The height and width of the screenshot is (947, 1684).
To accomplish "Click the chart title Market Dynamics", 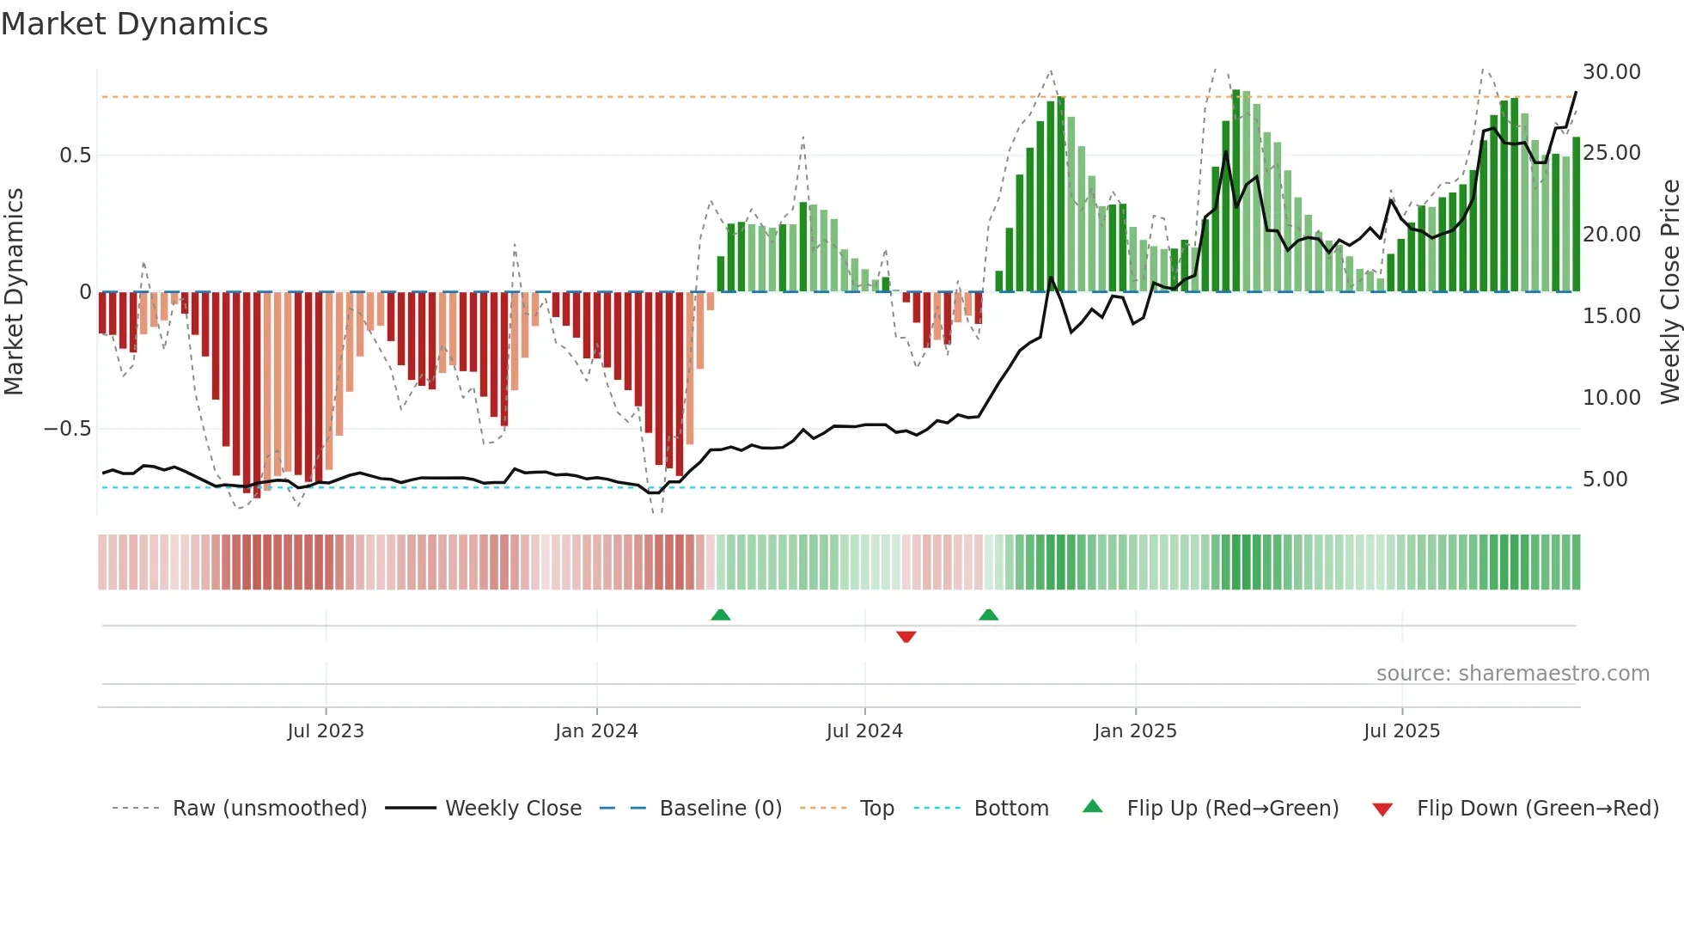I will coord(134,24).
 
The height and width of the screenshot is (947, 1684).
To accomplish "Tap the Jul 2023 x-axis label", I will coord(326,730).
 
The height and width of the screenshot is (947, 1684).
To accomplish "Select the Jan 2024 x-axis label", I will coord(596,730).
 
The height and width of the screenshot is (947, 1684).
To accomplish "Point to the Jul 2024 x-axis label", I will coord(864,730).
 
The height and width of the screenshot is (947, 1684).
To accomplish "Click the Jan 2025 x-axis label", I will coord(1135,730).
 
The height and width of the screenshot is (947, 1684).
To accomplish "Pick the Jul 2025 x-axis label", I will coord(1401,730).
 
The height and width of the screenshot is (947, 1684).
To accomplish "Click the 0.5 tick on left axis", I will coord(75,156).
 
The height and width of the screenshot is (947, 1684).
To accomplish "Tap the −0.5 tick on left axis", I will coord(68,429).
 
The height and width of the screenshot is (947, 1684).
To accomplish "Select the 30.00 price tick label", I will coord(1611,72).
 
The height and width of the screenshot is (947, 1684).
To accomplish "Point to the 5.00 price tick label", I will coord(1604,480).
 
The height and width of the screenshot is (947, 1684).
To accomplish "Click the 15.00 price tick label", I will coord(1611,316).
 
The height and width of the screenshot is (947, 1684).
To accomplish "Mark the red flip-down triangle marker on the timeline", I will coord(906,637).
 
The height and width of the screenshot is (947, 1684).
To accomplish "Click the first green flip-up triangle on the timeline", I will coord(721,614).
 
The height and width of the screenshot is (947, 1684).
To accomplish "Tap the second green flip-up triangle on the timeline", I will coord(988,614).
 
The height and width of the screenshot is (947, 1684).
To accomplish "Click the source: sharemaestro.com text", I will coord(1512,674).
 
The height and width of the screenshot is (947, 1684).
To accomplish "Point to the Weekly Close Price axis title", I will coord(1669,291).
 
